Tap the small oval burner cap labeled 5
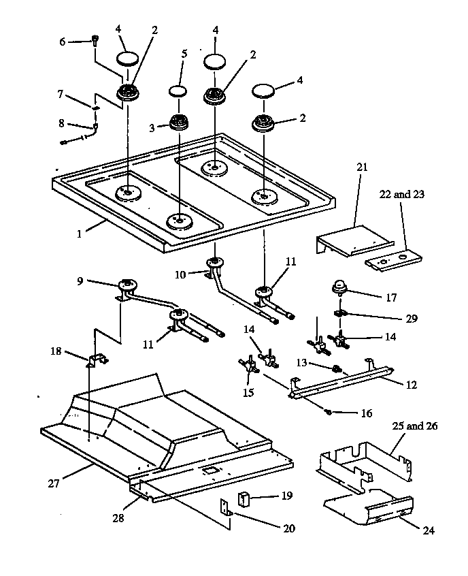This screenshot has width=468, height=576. (178, 91)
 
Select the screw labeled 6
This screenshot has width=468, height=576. (95, 40)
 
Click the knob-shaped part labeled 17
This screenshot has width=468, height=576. (340, 287)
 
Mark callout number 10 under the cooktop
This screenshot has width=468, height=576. (180, 274)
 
